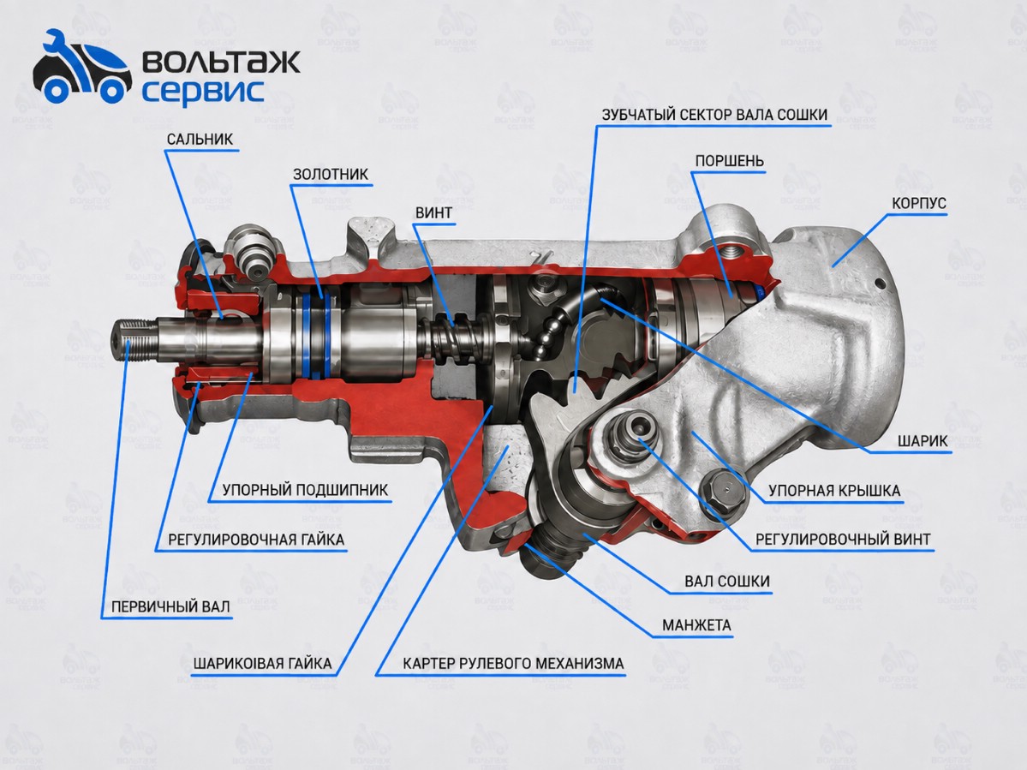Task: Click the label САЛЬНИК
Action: click(200, 139)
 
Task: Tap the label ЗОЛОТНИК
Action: click(331, 174)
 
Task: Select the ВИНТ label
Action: click(433, 212)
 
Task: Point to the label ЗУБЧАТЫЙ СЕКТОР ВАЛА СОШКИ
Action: click(714, 115)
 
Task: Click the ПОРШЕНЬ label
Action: click(730, 161)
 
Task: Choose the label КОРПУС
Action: click(919, 203)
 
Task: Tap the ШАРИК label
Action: click(923, 440)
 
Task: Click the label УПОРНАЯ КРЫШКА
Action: click(834, 491)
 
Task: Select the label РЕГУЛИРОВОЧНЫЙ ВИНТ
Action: click(843, 540)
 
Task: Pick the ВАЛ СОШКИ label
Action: click(727, 582)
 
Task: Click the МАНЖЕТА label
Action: click(696, 625)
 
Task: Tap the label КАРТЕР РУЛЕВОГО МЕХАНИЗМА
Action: click(514, 664)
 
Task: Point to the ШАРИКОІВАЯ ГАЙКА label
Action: click(263, 664)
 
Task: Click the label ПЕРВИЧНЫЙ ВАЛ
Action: click(170, 607)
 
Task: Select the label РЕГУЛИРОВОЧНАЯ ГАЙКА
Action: click(256, 540)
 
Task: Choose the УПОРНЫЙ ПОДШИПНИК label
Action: click(305, 491)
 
